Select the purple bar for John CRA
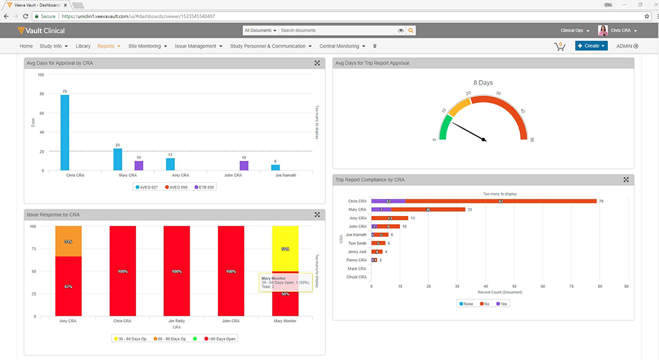(244, 166)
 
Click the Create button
(591, 46)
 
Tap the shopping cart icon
(559, 46)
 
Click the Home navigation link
(26, 46)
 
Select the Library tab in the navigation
(83, 46)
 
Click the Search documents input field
(336, 30)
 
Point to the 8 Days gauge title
(483, 83)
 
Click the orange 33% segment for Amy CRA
(68, 241)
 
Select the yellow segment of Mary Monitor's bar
(285, 248)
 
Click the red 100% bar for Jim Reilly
(177, 271)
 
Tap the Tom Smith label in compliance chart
(357, 243)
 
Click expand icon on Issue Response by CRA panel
(317, 215)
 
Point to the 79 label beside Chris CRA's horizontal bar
(601, 201)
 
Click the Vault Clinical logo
(42, 30)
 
